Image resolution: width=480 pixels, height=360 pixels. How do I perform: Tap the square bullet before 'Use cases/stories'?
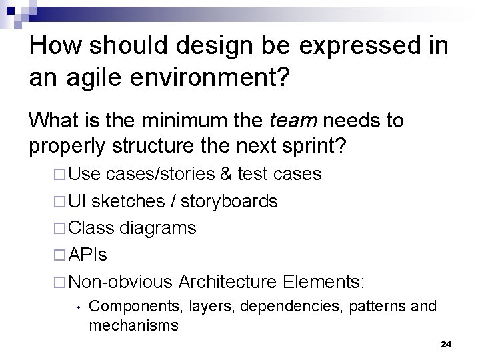click(60, 175)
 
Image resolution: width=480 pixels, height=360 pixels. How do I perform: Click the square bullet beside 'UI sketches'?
click(60, 201)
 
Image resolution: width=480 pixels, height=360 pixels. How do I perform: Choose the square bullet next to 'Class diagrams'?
click(60, 228)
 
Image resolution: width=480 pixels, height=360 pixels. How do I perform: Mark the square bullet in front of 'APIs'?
click(60, 255)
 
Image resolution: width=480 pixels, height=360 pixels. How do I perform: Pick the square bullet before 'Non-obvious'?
click(60, 281)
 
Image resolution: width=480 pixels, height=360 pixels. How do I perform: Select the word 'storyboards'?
click(230, 201)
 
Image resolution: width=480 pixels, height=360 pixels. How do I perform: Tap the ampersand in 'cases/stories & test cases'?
click(225, 175)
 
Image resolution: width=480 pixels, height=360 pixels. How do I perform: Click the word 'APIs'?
click(89, 255)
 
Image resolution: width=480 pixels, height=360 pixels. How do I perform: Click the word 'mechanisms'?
click(133, 325)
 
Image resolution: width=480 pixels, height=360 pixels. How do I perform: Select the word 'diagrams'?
click(158, 228)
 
